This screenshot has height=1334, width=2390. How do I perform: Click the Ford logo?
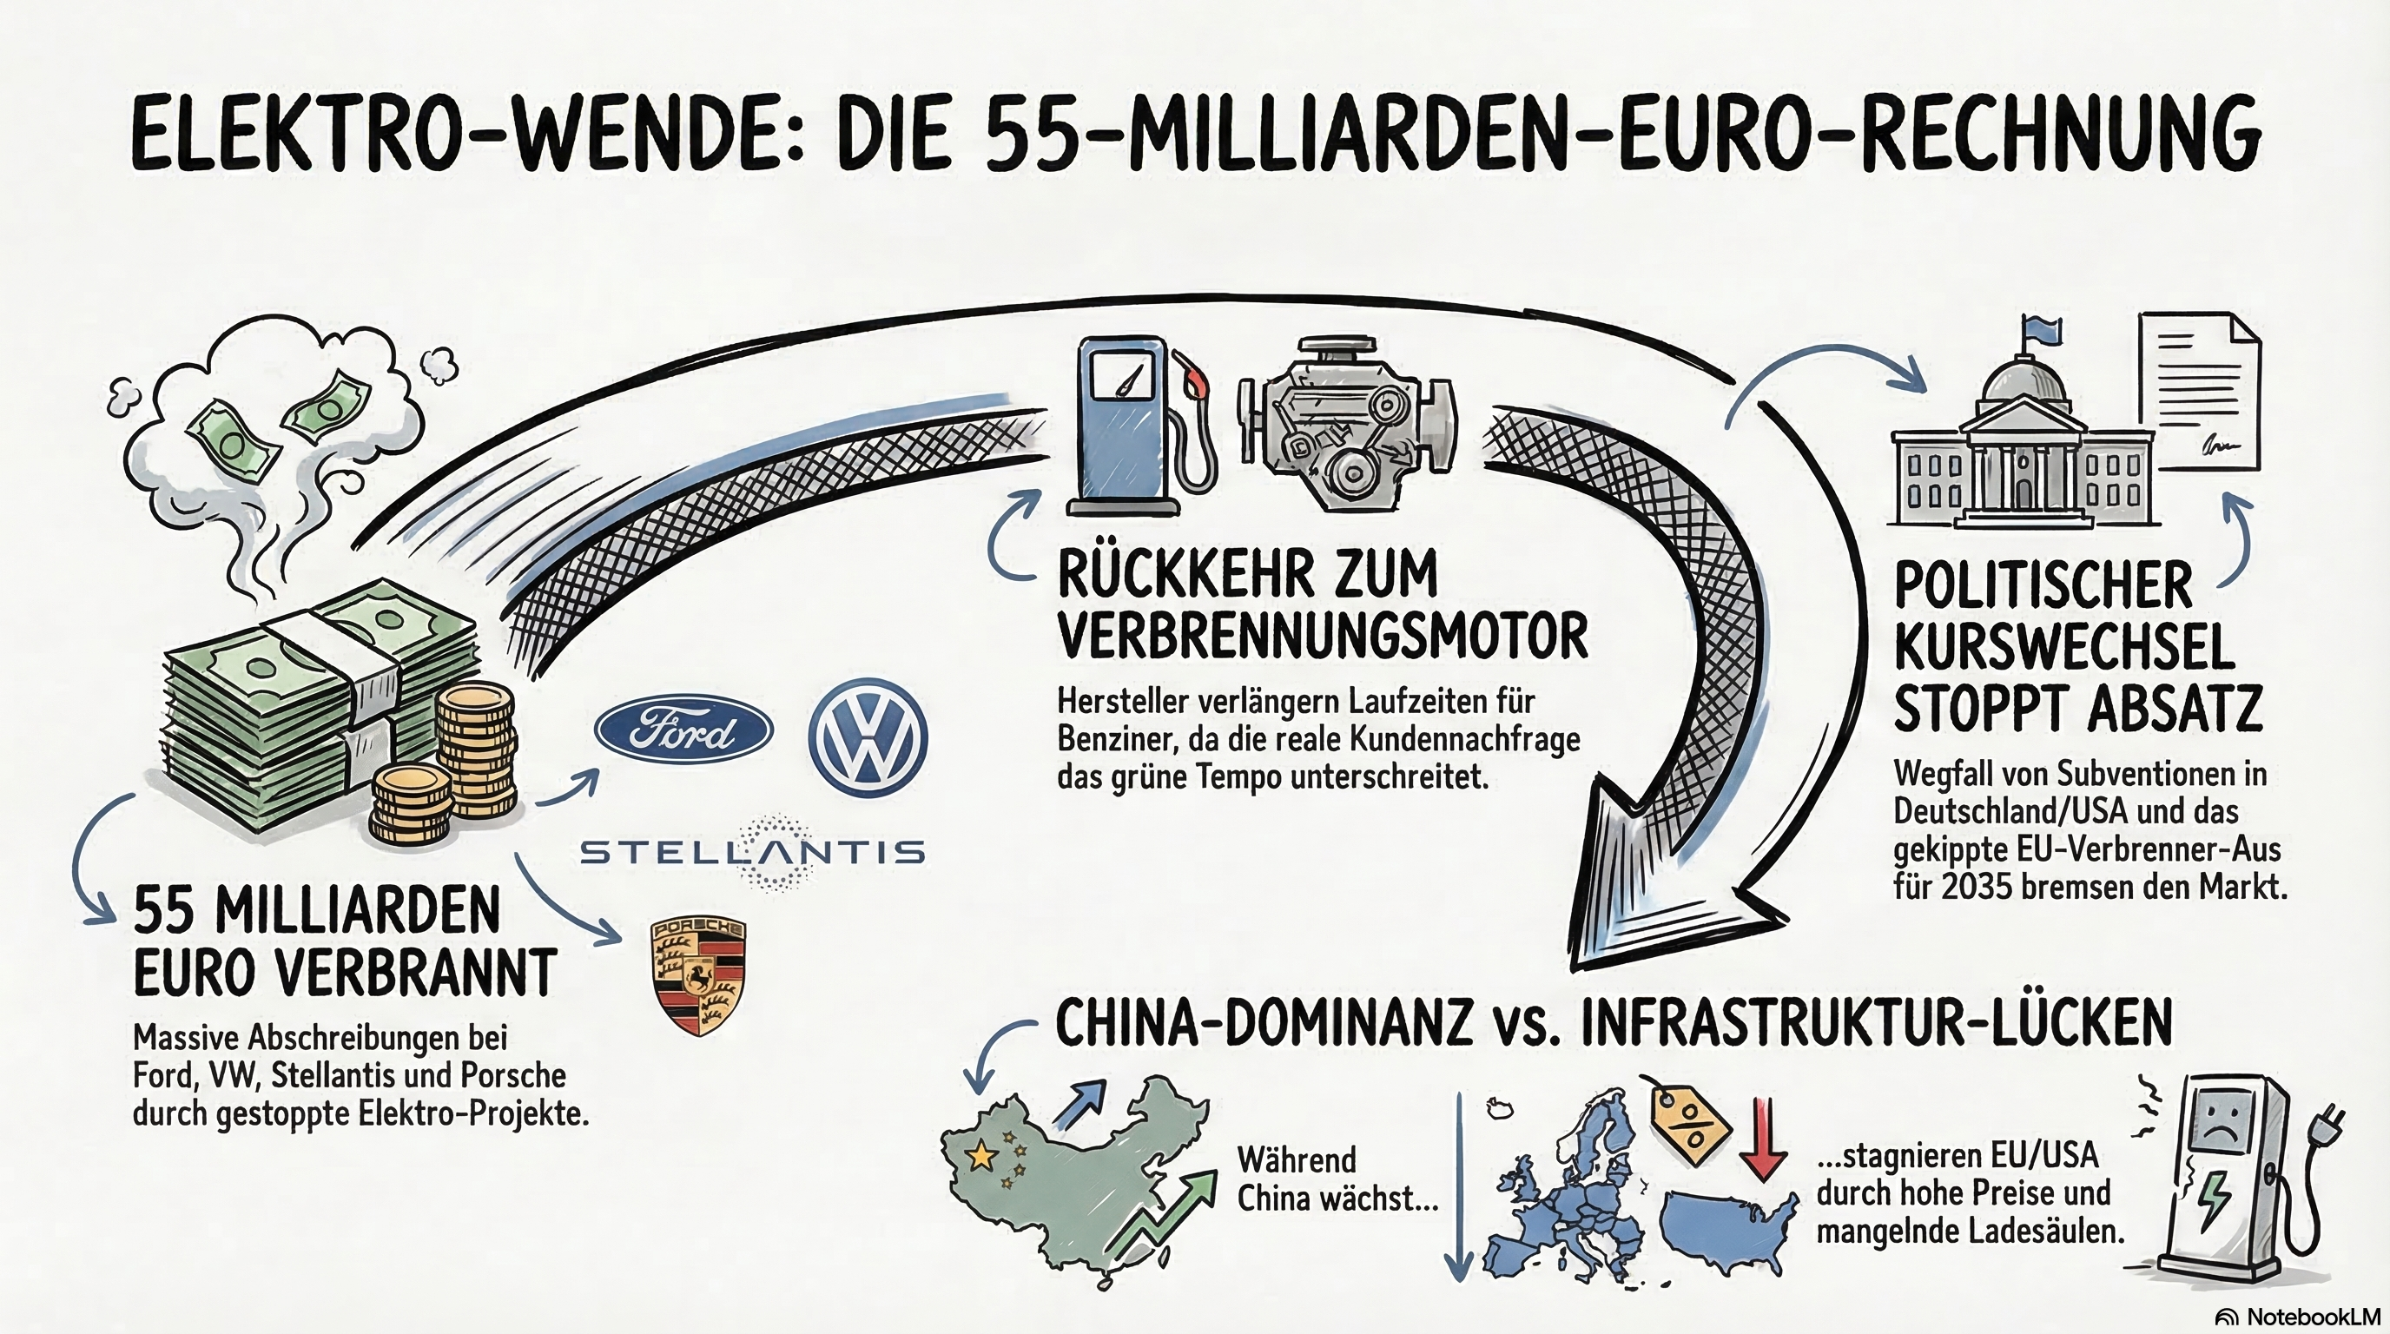[683, 731]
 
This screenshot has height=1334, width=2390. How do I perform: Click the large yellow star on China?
[980, 1155]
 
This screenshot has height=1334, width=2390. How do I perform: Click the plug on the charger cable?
[2327, 1126]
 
